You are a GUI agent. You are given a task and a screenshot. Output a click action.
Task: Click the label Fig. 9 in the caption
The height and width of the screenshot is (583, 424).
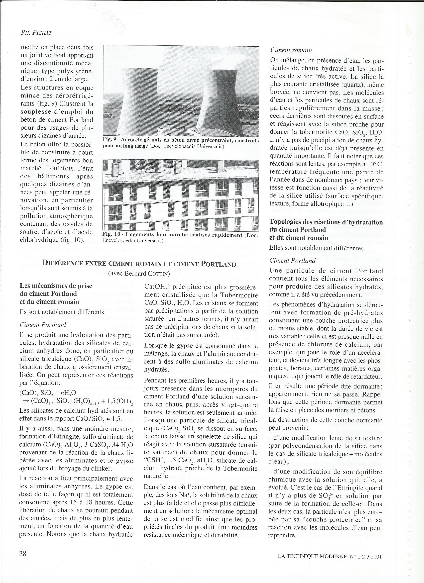109,141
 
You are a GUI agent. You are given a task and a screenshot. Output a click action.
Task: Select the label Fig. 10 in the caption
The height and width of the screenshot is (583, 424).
111,235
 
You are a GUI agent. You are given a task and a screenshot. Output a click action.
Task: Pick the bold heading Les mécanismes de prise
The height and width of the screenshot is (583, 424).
56,286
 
